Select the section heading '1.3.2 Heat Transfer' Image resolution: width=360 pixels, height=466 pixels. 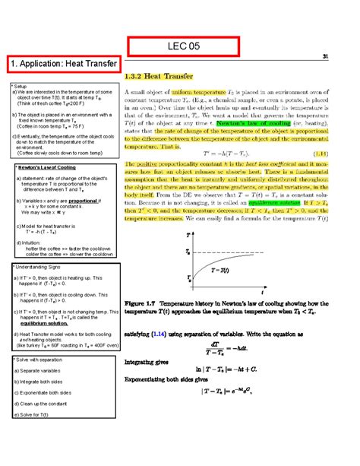coord(166,78)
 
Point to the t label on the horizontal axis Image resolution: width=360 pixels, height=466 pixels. coord(261,292)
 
